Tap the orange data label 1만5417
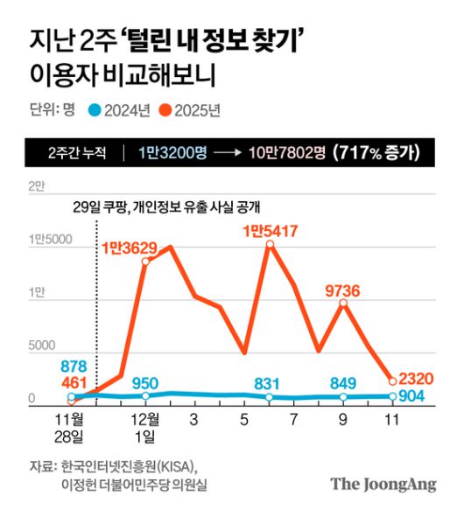tap(270, 231)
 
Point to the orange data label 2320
tap(416, 379)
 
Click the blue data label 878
tap(72, 367)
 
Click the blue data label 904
tap(411, 396)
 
